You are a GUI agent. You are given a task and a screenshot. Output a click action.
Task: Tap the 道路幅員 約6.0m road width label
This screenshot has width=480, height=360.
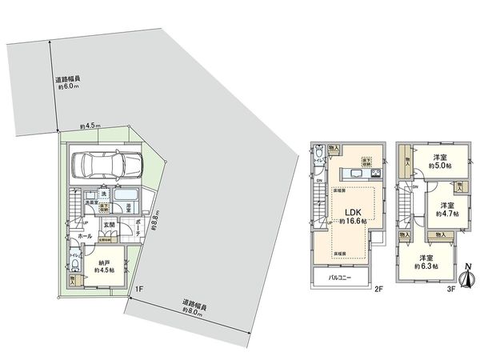[x=67, y=82]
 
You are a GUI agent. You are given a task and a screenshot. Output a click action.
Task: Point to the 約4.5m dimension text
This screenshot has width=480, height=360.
[x=90, y=125]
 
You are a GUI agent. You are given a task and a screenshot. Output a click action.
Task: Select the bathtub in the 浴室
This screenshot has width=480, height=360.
[x=125, y=196]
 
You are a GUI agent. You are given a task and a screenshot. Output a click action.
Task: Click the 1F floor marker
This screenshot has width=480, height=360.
[x=139, y=289]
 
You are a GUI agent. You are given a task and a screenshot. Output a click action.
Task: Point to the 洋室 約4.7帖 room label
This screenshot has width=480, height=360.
[x=446, y=210]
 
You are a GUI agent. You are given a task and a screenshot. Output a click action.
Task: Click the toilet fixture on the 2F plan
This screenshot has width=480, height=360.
[x=318, y=153]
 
